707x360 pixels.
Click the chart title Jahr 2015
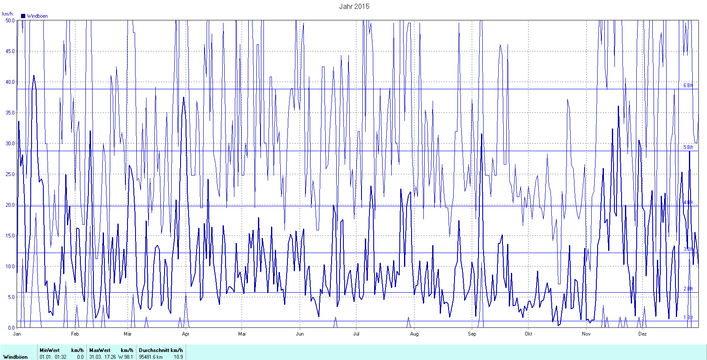(354, 6)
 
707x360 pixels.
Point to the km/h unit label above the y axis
(8, 14)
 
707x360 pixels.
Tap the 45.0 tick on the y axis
(10, 51)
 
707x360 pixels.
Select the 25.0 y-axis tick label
(10, 174)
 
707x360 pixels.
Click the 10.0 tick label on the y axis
(10, 267)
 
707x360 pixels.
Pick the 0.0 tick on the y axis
(11, 328)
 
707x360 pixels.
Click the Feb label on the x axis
(75, 334)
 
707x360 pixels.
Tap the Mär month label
(128, 334)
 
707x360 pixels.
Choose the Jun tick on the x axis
(300, 334)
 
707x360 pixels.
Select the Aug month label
(415, 334)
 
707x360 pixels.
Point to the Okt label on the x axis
(529, 334)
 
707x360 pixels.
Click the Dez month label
(642, 334)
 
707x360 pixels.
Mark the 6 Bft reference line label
(688, 85)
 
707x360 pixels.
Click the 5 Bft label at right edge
(688, 147)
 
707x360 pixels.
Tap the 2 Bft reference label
(688, 289)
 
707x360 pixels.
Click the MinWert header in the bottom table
(49, 350)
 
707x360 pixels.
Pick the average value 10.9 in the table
(178, 357)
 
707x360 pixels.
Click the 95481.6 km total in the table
(151, 357)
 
